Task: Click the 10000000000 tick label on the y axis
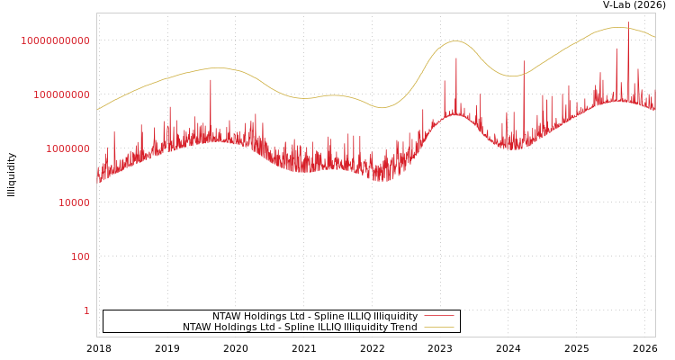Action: (x=55, y=40)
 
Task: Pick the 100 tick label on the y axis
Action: (x=80, y=256)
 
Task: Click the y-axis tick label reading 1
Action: (x=86, y=310)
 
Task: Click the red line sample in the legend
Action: (x=438, y=317)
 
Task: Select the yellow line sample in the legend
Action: (x=438, y=328)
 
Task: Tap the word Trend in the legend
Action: (x=403, y=328)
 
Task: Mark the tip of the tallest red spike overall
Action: (x=628, y=22)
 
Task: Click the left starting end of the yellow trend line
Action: (x=97, y=110)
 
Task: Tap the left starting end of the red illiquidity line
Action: (x=97, y=175)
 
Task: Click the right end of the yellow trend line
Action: (x=654, y=37)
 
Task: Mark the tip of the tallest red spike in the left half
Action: (x=211, y=79)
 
